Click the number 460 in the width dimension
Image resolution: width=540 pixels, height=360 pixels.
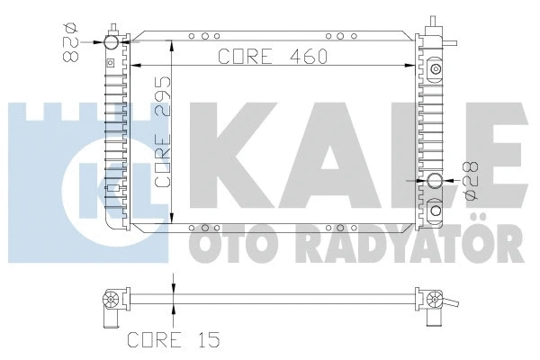[x=309, y=56]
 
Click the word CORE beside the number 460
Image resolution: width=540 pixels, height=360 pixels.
[x=245, y=56]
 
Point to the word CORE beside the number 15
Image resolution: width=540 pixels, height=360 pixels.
[x=154, y=339]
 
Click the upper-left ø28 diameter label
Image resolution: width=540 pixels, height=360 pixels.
[x=70, y=42]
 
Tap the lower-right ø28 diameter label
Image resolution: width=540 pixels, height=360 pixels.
[x=470, y=181]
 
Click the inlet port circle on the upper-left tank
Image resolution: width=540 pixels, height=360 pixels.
[x=112, y=42]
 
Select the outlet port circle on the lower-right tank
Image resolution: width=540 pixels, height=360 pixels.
[x=435, y=181]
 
